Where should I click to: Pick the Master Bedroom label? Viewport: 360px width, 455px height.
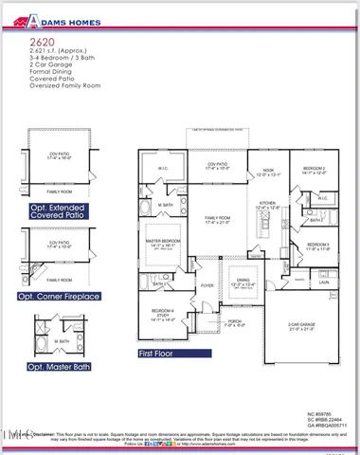[x=164, y=242]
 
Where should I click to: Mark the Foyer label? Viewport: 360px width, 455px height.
[x=207, y=284]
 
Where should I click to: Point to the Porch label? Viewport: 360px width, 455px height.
[x=233, y=322]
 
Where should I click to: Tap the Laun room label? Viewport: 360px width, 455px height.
[x=323, y=282]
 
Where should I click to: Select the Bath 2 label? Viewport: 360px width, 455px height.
[x=315, y=219]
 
